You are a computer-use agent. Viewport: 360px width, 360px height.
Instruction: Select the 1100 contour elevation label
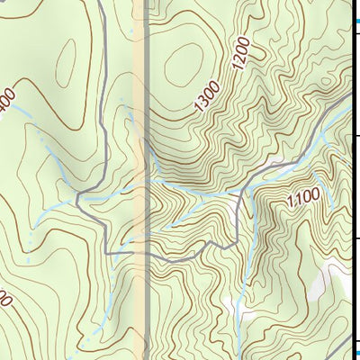coord(303,198)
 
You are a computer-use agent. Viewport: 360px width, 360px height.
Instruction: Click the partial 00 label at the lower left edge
coord(4,296)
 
